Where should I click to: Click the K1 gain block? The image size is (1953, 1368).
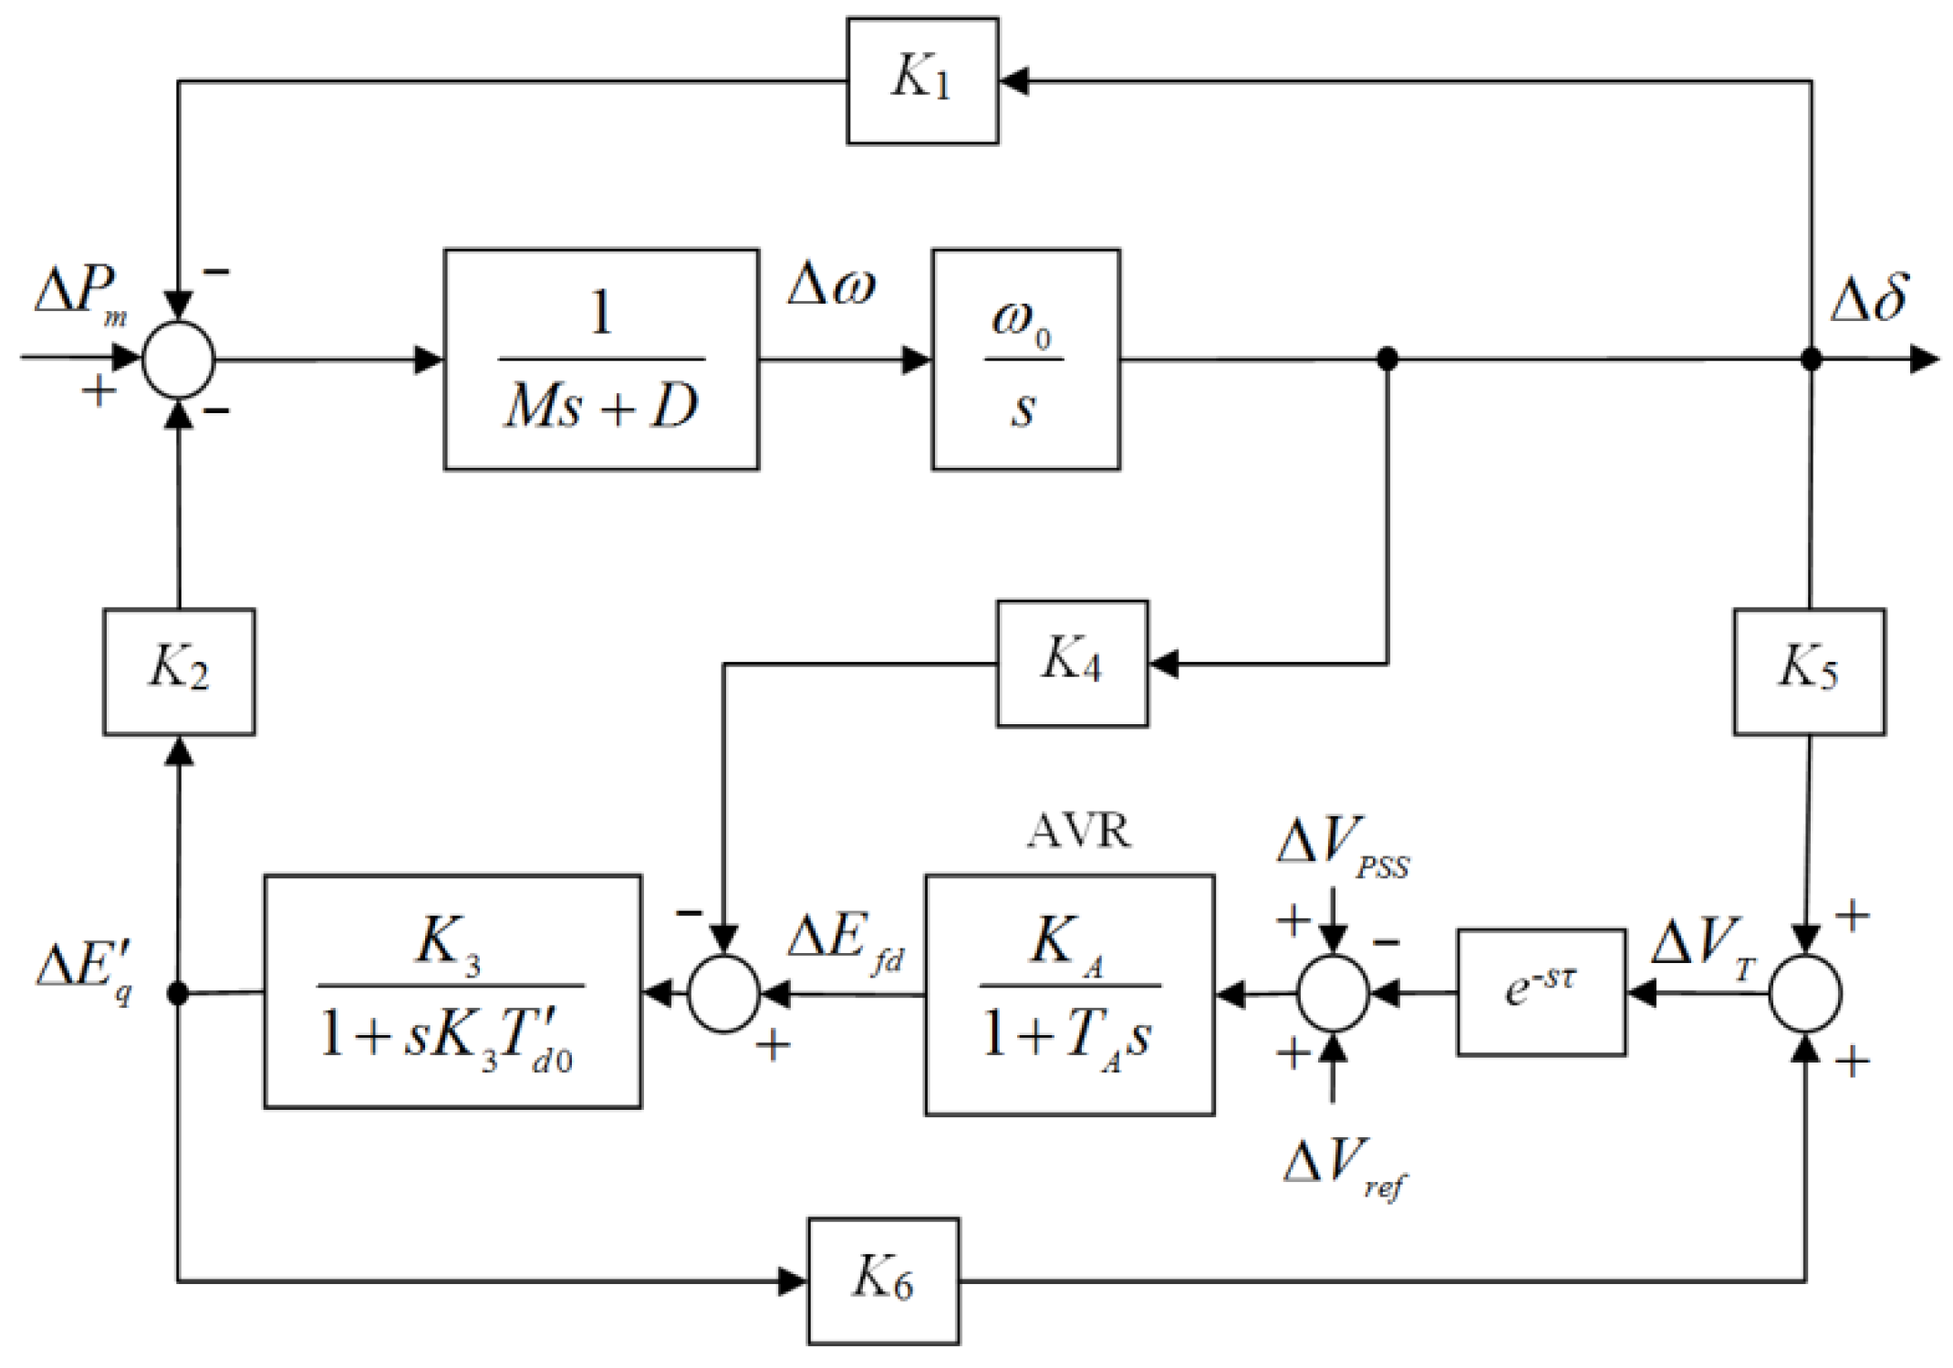click(x=922, y=81)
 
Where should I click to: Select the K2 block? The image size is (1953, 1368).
click(x=179, y=671)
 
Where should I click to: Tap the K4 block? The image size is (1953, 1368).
click(x=1072, y=663)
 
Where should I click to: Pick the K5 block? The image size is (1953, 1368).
click(x=1809, y=671)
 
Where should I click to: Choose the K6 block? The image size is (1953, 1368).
click(x=883, y=1280)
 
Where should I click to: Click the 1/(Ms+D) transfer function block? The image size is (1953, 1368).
click(x=601, y=359)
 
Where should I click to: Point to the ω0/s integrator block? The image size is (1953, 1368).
click(x=1025, y=359)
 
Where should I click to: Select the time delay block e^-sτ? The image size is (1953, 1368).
click(x=1541, y=992)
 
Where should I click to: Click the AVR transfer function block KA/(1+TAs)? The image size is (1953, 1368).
click(x=1069, y=994)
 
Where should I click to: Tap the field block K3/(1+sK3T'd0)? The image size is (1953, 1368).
click(x=452, y=991)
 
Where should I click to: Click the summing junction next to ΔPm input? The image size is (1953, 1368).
click(x=179, y=359)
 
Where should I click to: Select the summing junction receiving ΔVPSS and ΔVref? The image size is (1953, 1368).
click(x=1333, y=993)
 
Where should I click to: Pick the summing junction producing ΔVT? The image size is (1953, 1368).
click(x=1805, y=993)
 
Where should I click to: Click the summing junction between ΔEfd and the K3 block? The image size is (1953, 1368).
click(x=723, y=993)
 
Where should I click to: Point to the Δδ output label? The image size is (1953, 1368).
click(x=1869, y=298)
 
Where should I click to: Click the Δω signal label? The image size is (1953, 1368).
click(x=831, y=285)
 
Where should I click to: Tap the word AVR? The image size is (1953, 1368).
click(x=1078, y=831)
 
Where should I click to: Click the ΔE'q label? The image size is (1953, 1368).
click(x=85, y=970)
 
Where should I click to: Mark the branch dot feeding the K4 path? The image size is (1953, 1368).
click(x=1387, y=359)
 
